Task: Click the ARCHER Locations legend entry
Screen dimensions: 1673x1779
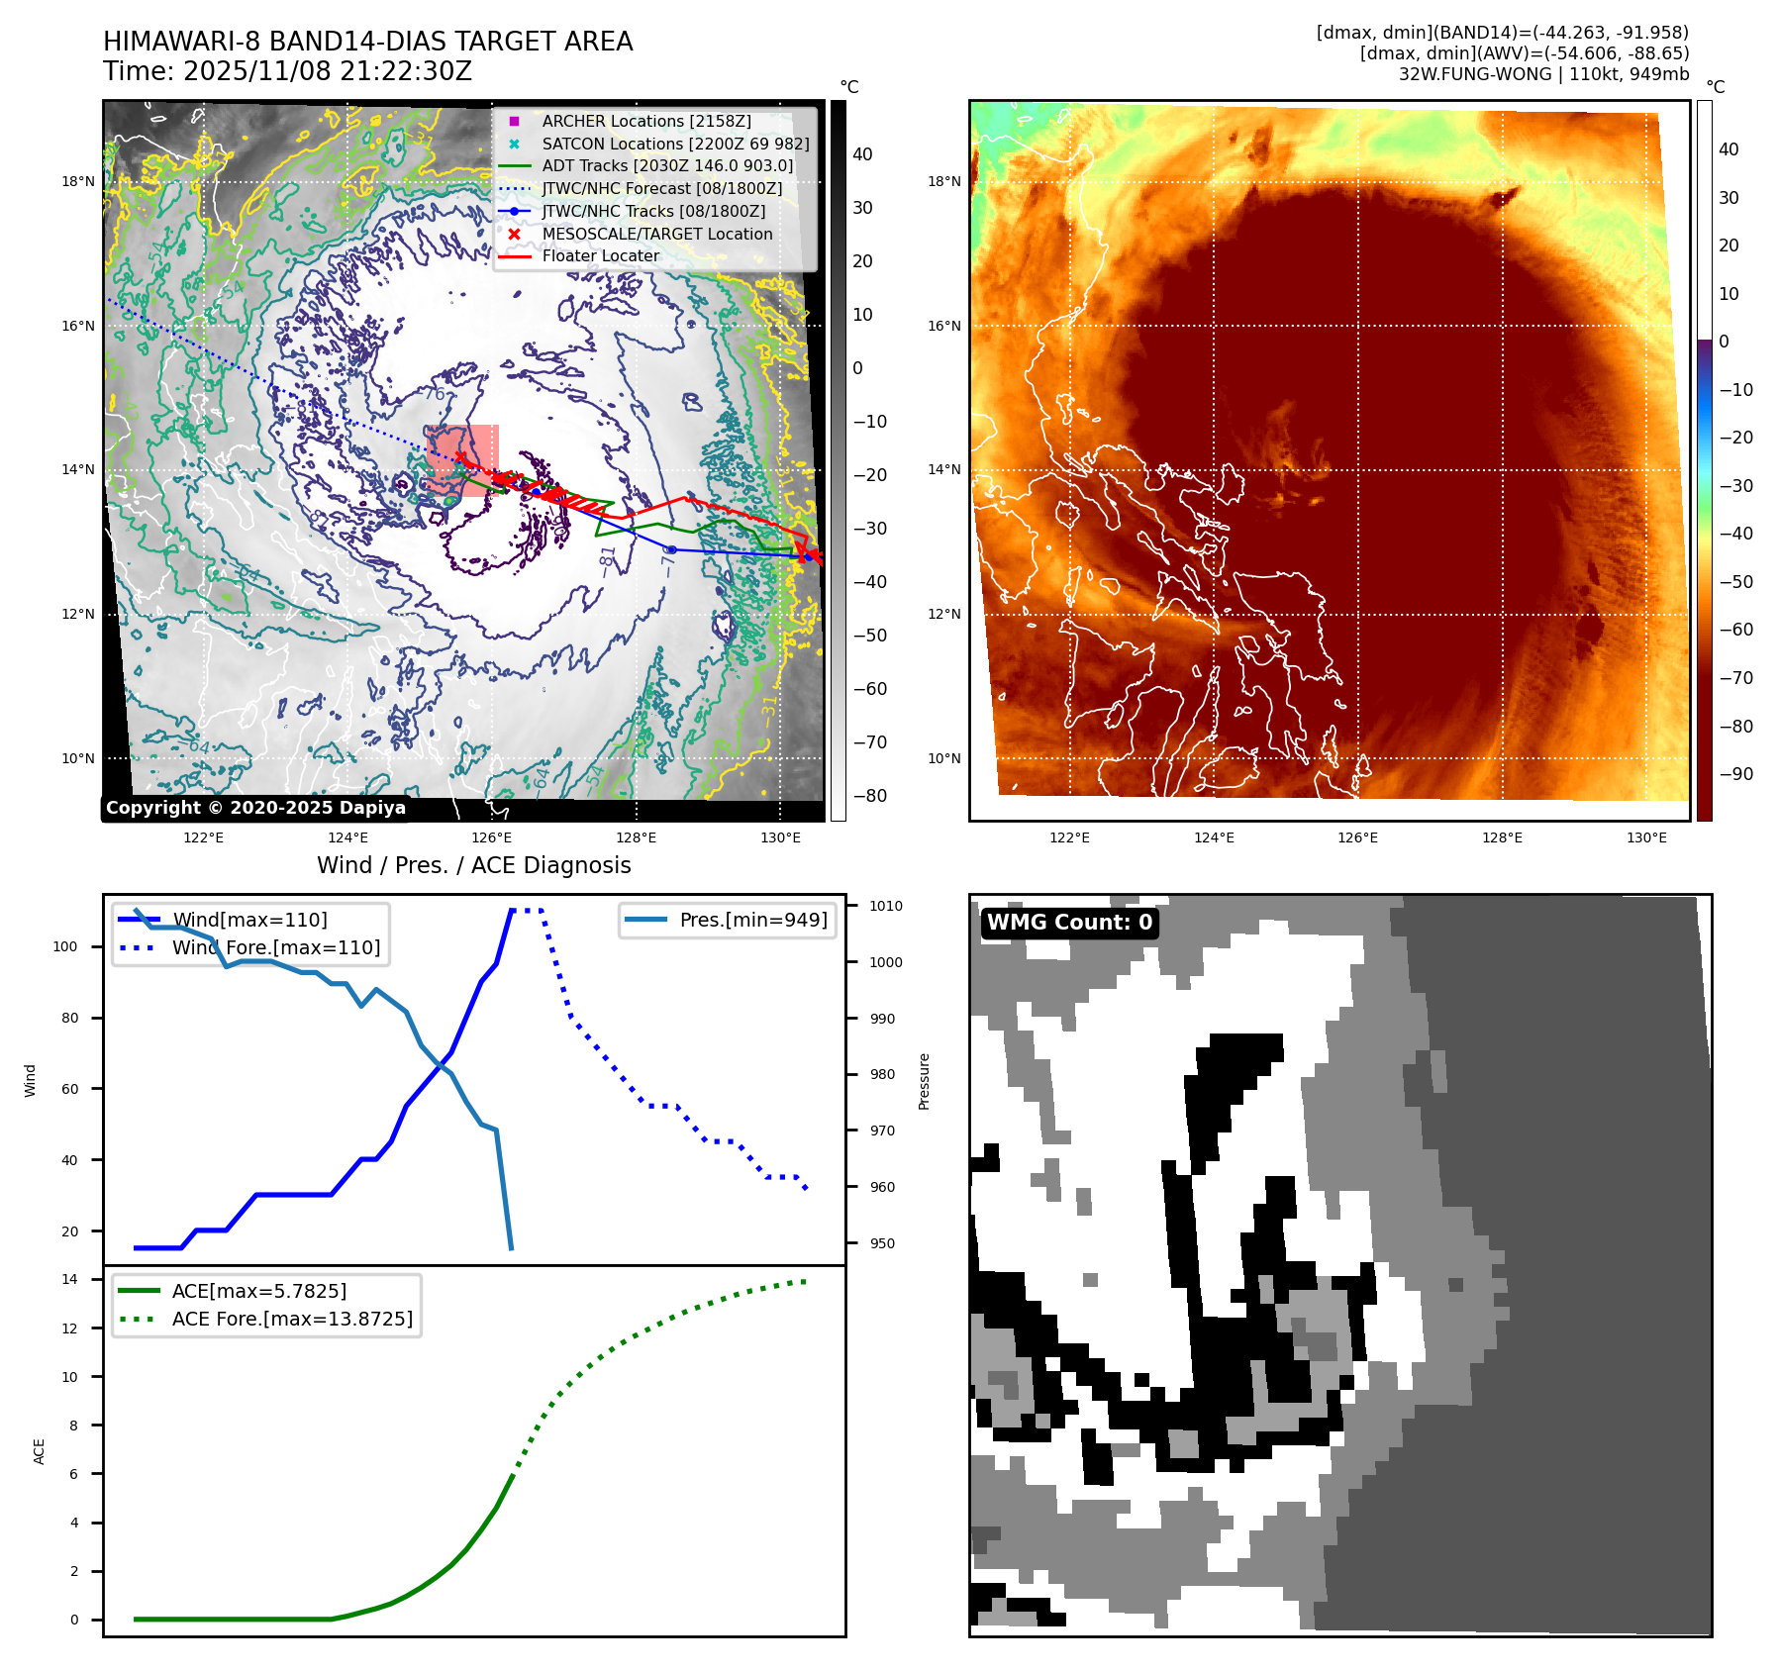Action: pos(645,121)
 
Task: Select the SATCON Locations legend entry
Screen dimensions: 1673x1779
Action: pos(675,144)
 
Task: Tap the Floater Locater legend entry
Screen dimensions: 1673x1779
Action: pos(600,255)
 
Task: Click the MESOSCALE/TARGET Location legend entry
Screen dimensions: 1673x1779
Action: pos(656,234)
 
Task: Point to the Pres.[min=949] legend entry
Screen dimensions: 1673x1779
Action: pos(752,920)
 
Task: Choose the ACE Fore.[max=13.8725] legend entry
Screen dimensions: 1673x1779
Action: pos(292,1319)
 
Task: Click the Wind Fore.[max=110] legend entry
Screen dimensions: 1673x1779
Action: pos(275,947)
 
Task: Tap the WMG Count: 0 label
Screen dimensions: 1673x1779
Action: pos(1069,923)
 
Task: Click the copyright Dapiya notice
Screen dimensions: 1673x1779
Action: pos(255,808)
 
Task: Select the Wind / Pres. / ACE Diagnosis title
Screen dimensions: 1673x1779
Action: pos(473,865)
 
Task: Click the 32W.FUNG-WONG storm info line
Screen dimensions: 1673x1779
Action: pos(1543,74)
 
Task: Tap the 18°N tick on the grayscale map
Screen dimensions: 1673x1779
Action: pos(78,181)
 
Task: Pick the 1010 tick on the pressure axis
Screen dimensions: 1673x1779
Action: pos(885,906)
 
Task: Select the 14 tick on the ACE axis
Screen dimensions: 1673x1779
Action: pos(69,1279)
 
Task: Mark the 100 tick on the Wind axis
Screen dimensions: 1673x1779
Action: pos(64,946)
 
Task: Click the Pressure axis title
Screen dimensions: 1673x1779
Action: pos(924,1081)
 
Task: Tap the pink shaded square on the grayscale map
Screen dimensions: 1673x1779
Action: pos(462,460)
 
